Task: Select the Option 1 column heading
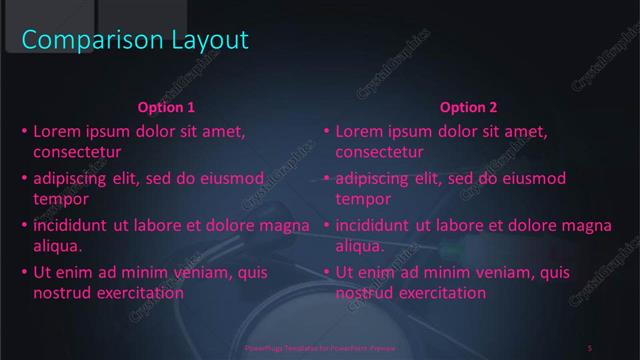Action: click(166, 107)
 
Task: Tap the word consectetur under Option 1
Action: click(77, 153)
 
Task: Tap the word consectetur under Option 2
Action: click(379, 153)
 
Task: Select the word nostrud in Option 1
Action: click(62, 293)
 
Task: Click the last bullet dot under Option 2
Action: click(326, 272)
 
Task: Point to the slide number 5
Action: click(590, 348)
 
